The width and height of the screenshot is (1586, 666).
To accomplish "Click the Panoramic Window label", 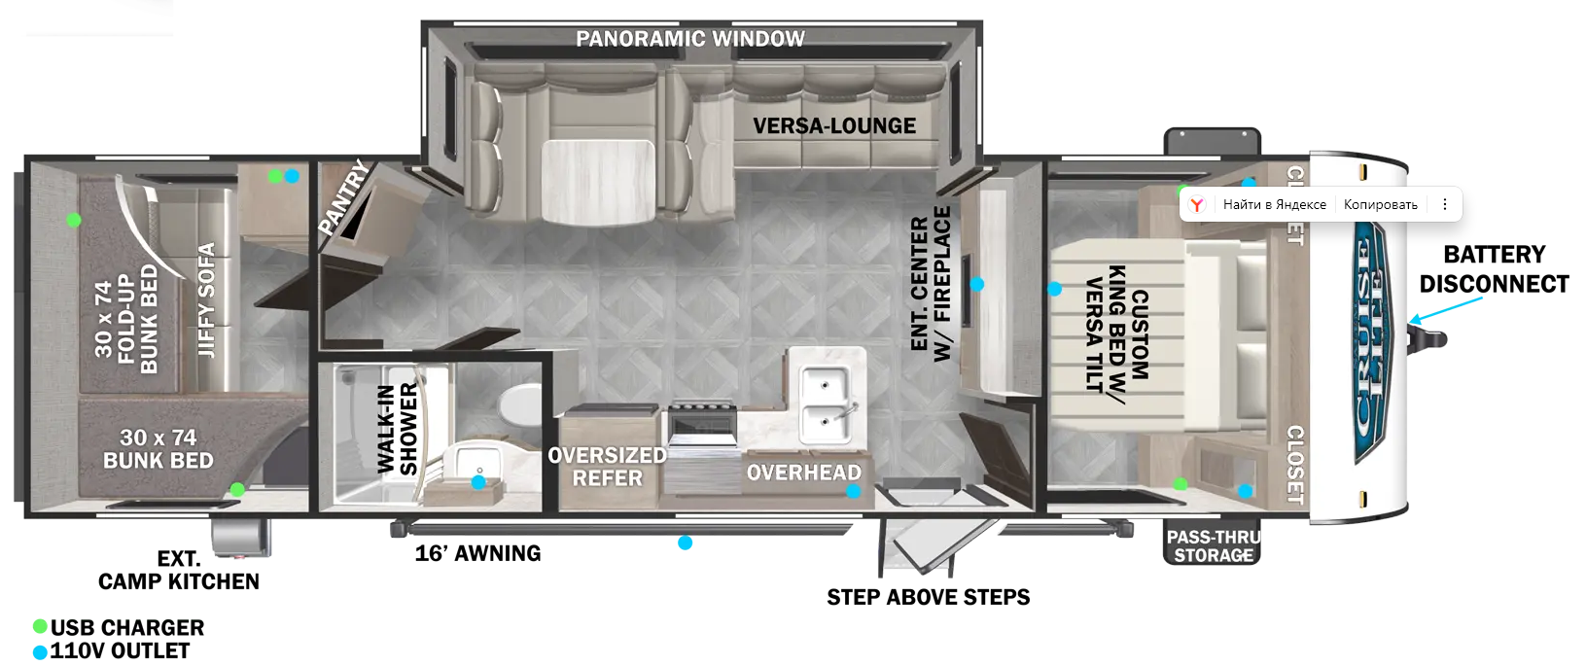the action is [x=690, y=38].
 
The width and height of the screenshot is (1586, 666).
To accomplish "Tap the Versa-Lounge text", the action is [x=834, y=126].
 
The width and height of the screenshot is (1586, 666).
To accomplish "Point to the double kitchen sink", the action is [x=827, y=403].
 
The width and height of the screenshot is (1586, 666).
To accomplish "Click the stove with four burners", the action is [x=702, y=420].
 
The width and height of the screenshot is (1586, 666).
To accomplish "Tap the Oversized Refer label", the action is [x=608, y=467].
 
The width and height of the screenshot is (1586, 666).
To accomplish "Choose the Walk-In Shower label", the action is [x=397, y=430].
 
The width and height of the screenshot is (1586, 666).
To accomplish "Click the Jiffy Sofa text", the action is [x=206, y=300].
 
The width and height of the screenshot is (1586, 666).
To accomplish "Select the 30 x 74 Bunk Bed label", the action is [x=158, y=449].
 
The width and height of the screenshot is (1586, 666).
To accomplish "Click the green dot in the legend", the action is [x=41, y=626].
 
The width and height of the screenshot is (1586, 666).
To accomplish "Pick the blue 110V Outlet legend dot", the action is [x=41, y=652].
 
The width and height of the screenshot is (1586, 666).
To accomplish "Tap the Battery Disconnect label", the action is [x=1494, y=269].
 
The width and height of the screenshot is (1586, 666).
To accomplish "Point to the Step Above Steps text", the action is [x=929, y=597].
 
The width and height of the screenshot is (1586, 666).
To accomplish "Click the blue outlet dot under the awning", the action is [x=685, y=543].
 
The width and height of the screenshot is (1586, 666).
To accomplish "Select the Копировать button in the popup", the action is [x=1380, y=204].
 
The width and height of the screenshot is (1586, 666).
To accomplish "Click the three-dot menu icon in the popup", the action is [x=1444, y=204].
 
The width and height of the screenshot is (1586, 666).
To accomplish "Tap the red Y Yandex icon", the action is [x=1197, y=204].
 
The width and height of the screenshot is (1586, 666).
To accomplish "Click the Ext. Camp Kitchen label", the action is [x=178, y=570].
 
